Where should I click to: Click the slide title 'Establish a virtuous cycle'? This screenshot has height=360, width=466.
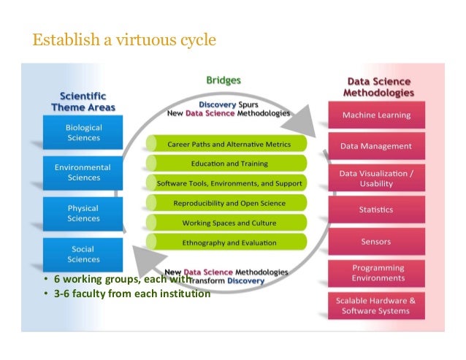pos(123,39)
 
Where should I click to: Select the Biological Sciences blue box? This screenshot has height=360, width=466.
pos(84,132)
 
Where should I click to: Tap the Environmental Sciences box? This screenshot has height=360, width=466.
pos(84,172)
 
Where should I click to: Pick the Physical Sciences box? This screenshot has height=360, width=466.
pos(84,213)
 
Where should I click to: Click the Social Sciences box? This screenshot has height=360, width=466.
pos(84,254)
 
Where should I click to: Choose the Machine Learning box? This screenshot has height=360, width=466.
pos(376,115)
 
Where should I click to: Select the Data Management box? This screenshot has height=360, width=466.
pos(376,146)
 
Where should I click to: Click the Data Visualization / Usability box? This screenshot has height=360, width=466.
pos(376,178)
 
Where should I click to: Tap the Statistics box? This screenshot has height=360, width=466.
pos(376,210)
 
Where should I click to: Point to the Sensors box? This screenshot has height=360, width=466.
pos(376,241)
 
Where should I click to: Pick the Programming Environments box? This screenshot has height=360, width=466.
pos(376,273)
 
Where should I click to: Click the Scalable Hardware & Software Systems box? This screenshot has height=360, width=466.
pos(376,305)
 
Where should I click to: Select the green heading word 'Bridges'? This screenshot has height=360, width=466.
pos(224,80)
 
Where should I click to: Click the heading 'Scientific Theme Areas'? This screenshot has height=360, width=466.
pos(83,102)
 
